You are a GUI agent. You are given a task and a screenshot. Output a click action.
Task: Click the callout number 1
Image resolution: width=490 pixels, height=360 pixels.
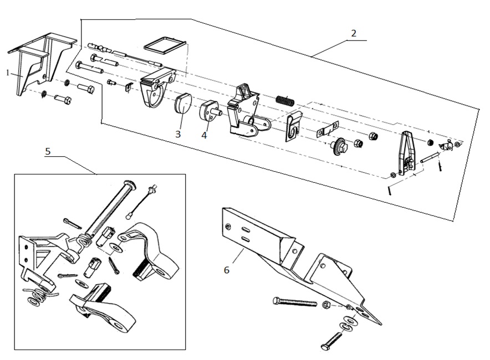point(8,73)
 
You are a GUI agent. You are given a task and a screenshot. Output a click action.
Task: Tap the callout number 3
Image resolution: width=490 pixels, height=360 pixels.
point(178,133)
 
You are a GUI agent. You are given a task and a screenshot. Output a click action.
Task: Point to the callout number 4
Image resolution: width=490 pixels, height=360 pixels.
point(204,135)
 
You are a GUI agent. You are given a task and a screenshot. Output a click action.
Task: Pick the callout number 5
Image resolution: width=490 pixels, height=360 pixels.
point(48,151)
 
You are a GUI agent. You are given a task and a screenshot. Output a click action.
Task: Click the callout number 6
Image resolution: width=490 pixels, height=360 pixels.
point(226,270)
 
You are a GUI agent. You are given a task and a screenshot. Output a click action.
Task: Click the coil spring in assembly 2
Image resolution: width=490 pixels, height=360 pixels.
point(284,102)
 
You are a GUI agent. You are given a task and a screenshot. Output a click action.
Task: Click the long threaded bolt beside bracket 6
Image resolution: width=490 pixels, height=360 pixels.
point(294,302)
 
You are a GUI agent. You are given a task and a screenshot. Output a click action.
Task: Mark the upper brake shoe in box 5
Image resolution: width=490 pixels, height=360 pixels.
point(151,251)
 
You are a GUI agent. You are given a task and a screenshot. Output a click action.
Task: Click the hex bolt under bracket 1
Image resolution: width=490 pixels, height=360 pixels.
point(63,100)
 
